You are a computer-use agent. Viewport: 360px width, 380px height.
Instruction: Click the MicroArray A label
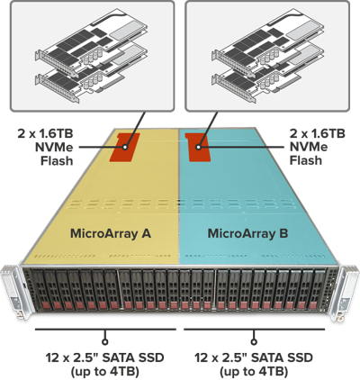coord(111,233)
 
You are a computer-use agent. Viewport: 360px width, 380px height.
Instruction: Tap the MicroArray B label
coord(247,233)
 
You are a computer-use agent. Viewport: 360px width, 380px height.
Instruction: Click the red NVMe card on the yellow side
coord(124,148)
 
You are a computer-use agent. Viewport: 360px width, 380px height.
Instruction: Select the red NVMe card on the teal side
coord(199,148)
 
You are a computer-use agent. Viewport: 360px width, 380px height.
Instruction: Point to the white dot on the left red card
coord(125,147)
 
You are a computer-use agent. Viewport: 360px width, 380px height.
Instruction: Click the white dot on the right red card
coord(198,147)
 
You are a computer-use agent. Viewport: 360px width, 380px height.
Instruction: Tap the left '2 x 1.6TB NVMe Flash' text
coord(45,147)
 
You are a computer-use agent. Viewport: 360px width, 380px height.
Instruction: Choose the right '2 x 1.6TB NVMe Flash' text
coord(317,147)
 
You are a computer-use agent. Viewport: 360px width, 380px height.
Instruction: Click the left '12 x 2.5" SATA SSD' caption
coord(105,357)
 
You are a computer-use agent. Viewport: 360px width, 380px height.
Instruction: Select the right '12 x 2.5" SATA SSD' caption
coord(254,357)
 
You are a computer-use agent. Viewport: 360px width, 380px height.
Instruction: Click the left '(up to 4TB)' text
coord(105,372)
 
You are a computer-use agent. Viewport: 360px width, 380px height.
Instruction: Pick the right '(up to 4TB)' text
coord(254,372)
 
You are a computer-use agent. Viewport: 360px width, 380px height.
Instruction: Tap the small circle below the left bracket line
coord(105,342)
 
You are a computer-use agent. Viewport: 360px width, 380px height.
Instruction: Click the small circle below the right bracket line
coord(254,342)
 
